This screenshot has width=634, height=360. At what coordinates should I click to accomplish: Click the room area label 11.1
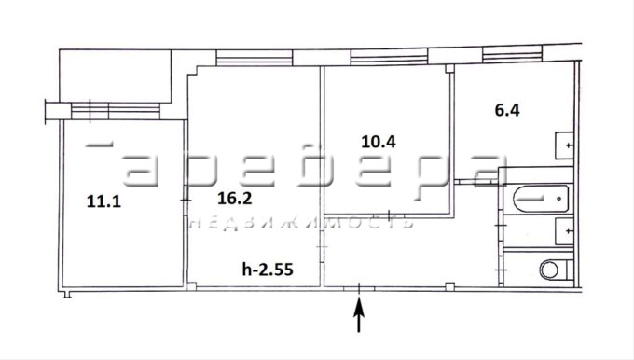click(103, 201)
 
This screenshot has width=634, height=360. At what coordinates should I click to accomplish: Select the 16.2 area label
click(235, 198)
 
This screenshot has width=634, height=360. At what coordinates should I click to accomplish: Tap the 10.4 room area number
click(379, 142)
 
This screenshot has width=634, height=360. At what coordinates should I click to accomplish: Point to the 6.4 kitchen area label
click(507, 110)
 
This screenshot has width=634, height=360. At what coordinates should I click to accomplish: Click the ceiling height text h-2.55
click(268, 269)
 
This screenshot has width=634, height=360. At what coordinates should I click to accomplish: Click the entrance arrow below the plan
click(359, 314)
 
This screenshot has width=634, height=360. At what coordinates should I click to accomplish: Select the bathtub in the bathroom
click(541, 199)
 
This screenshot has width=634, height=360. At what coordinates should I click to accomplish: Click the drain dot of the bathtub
click(559, 199)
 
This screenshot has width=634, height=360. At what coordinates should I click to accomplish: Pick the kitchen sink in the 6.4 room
click(564, 145)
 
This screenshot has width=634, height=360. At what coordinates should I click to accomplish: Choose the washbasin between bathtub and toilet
click(564, 231)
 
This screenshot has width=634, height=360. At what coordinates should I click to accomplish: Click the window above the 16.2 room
click(255, 58)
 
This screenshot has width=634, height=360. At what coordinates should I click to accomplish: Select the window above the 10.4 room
click(389, 57)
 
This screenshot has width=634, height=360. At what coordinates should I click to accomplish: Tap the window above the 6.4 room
click(512, 54)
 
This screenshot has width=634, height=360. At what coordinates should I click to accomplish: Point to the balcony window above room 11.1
click(116, 111)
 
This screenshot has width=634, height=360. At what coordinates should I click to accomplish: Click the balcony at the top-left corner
click(116, 76)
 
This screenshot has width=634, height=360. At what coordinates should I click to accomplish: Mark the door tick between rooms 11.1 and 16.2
click(186, 200)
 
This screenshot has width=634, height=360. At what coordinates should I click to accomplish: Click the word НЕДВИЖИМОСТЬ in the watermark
click(301, 223)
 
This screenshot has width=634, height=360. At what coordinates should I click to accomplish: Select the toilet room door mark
click(501, 270)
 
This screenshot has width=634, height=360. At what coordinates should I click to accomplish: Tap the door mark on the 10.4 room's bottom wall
click(389, 215)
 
